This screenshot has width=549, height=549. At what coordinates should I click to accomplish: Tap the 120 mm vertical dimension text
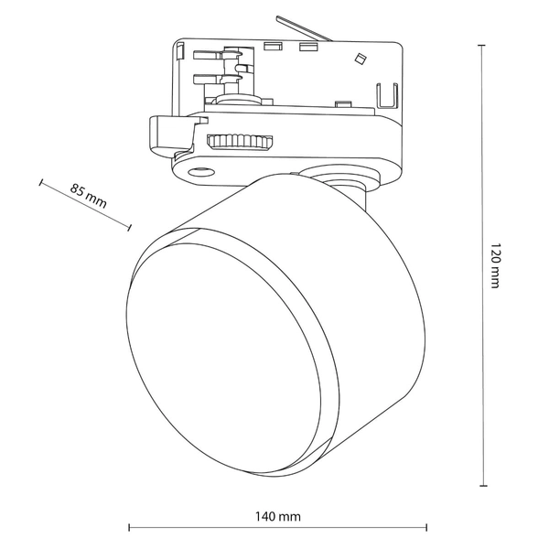click(x=495, y=266)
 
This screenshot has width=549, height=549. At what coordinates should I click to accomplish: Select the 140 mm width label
click(x=279, y=517)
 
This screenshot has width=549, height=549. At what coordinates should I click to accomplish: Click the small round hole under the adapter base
click(x=199, y=172)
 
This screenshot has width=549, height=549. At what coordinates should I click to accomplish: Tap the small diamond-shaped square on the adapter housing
click(x=360, y=59)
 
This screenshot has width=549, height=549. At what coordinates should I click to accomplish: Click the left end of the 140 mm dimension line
click(x=129, y=527)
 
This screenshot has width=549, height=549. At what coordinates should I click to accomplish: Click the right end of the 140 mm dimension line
click(x=426, y=527)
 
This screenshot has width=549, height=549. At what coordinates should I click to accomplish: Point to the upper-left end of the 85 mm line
click(x=41, y=182)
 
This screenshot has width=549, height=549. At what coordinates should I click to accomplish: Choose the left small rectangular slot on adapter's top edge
click(x=271, y=44)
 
